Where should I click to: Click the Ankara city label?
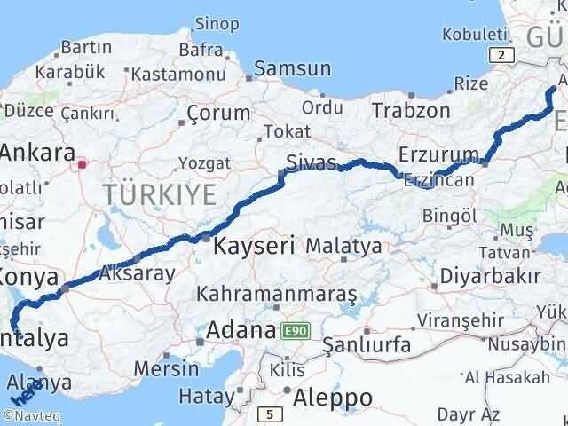(35, 152)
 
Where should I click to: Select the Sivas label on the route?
(311, 162)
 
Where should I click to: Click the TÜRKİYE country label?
(159, 194)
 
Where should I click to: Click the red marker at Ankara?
(83, 163)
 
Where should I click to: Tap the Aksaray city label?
(138, 273)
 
